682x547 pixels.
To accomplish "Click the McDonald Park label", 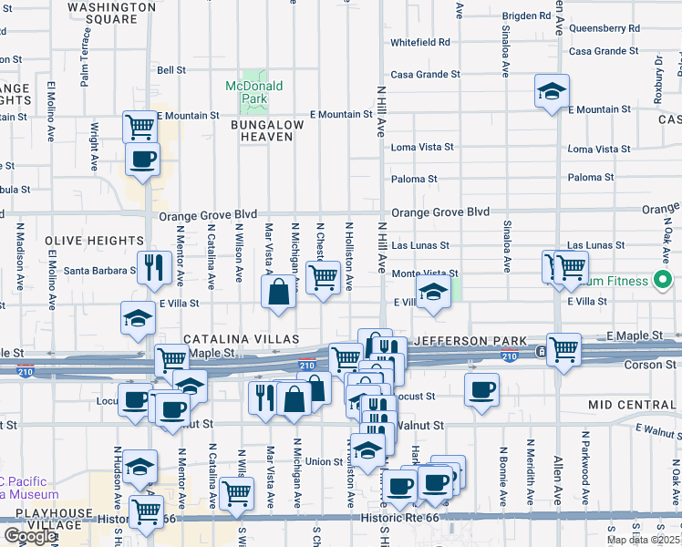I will (254, 92).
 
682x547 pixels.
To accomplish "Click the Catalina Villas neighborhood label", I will (242, 339).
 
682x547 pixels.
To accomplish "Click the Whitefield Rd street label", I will (420, 42).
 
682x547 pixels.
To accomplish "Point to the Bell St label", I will (171, 69).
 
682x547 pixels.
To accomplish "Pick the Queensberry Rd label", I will (604, 28).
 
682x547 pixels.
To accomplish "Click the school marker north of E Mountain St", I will (552, 91).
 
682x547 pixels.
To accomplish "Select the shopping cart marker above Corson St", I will (563, 348).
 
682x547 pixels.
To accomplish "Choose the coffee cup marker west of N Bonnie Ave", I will (480, 389).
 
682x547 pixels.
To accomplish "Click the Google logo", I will (30, 536).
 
